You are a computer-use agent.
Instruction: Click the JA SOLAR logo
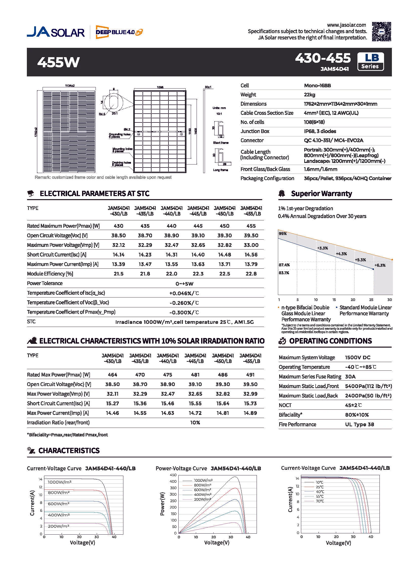56,32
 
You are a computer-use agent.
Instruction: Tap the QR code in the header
382,32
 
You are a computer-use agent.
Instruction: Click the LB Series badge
370,61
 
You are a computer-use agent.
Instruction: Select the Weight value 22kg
309,95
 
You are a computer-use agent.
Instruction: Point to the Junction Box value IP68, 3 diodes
320,131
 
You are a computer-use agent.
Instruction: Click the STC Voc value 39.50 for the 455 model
251,236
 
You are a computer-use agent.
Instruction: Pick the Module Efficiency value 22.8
251,274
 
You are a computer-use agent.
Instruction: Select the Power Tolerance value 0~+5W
184,284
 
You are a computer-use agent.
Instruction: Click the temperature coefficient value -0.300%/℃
184,312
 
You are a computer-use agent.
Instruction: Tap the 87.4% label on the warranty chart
284,265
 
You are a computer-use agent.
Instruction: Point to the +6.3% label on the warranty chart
380,265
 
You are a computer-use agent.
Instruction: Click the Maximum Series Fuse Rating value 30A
350,377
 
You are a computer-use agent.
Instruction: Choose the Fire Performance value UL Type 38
359,424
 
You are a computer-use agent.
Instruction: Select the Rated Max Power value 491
250,375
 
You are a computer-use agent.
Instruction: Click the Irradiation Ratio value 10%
195,423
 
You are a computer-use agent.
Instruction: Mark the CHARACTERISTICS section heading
69,451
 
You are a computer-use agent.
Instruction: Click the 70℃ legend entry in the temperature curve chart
320,501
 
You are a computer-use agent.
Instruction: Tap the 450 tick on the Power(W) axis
173,475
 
